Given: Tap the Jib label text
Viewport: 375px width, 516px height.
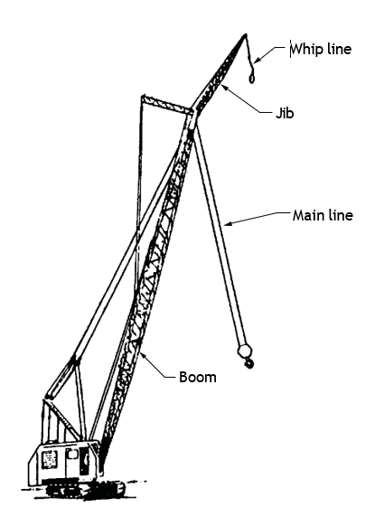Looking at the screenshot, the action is [x=285, y=113].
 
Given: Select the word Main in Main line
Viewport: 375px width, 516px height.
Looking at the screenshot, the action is [x=307, y=215].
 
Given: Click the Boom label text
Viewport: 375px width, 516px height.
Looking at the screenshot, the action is [x=198, y=377].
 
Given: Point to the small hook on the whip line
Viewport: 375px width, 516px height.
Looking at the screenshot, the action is [x=251, y=79].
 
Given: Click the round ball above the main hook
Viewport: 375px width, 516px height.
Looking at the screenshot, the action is [x=245, y=351].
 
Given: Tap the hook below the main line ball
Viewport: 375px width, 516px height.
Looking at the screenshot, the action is [x=249, y=363].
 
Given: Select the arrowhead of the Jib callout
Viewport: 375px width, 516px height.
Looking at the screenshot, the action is [x=225, y=88].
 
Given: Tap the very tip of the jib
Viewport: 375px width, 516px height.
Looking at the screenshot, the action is [x=245, y=34].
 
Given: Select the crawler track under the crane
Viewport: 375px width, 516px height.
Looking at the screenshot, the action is [x=86, y=490].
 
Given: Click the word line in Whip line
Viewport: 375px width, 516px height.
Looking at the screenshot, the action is [x=340, y=49].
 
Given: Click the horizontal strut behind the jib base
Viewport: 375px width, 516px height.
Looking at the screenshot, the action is [x=167, y=104].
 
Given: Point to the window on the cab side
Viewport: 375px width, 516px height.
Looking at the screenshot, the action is [x=72, y=455].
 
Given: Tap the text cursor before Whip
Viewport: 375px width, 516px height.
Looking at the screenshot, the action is [x=290, y=49].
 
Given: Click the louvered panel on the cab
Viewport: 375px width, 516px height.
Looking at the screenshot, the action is [x=50, y=459].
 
